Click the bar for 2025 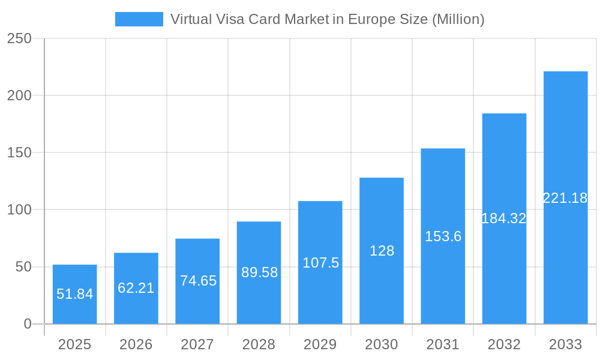coord(74,294)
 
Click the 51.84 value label coord(74,294)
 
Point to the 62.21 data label coord(136,288)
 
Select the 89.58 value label coord(259,272)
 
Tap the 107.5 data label coord(320,263)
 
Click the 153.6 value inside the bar coord(443,236)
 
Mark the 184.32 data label coord(504,218)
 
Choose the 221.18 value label coord(565,198)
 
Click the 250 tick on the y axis coord(19,38)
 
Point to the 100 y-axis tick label coord(19,210)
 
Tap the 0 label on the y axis coord(28,324)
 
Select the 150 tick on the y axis coord(19,153)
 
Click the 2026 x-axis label coord(136,344)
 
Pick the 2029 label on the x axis coord(320,344)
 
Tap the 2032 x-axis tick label coord(504,344)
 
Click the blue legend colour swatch coord(139,19)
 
